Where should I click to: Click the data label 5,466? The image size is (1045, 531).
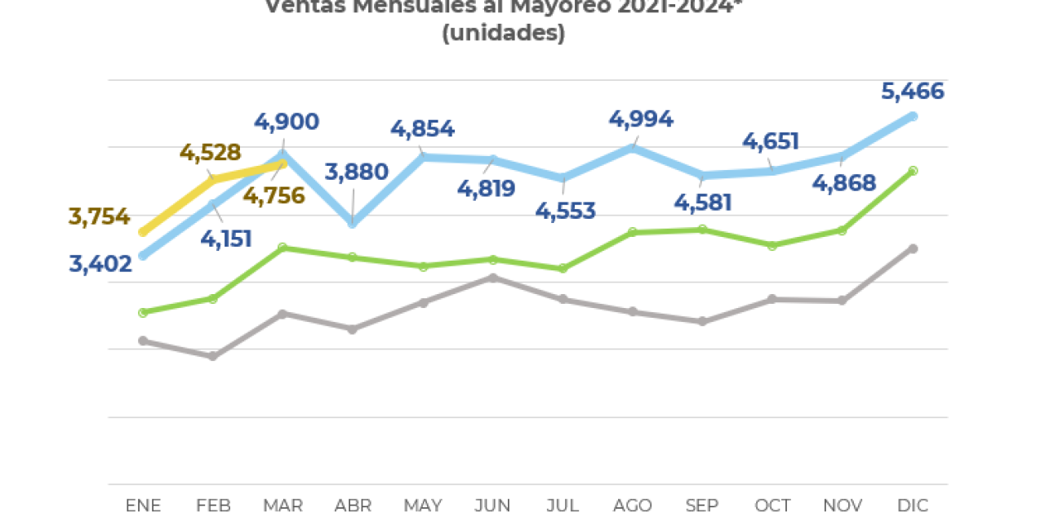tap(913, 91)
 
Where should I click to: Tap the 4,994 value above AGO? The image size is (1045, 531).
tap(641, 119)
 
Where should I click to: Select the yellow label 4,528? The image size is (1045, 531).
tap(210, 153)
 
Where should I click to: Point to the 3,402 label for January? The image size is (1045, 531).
tap(100, 264)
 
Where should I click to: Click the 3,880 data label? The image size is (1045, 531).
tap(356, 172)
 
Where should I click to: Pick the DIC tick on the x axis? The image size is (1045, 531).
tap(913, 506)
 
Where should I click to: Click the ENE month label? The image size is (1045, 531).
tap(144, 506)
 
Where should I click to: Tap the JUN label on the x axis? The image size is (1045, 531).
tap(492, 506)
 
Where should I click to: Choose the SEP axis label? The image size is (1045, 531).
tap(702, 506)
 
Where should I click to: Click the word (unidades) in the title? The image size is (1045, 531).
tap(504, 34)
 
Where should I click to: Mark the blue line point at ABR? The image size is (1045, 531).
tap(353, 223)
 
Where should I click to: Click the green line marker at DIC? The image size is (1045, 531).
tap(913, 171)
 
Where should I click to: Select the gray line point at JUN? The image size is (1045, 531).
tap(492, 278)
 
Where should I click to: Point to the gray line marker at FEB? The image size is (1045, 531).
tap(213, 356)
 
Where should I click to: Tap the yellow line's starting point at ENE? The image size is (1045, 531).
tap(144, 233)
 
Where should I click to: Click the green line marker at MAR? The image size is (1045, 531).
tap(282, 248)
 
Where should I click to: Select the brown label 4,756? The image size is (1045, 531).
tap(273, 196)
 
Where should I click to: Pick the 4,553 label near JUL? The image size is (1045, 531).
tap(565, 211)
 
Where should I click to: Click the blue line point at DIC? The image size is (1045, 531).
tap(913, 117)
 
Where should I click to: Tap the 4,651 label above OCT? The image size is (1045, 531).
tap(770, 142)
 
